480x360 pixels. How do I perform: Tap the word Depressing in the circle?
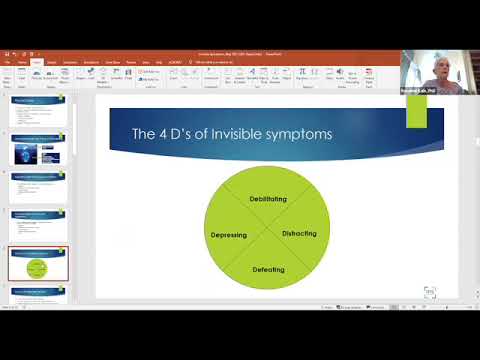pos(229,235)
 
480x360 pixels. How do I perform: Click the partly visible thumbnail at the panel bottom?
pos(39,292)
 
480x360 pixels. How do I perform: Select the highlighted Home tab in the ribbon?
pos(37,62)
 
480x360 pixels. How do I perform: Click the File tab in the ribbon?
pos(8,62)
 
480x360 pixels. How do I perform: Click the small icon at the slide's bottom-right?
pos(429,292)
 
